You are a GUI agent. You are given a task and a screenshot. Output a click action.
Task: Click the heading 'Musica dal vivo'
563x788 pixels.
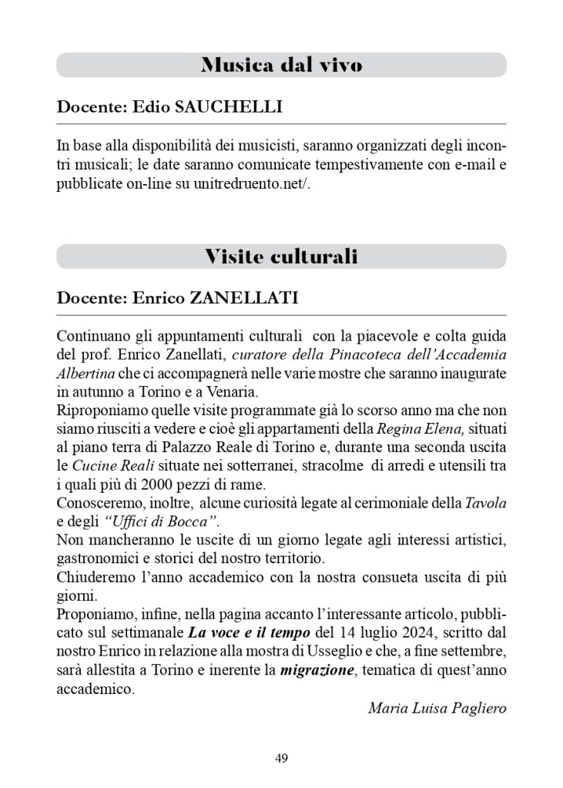(281, 65)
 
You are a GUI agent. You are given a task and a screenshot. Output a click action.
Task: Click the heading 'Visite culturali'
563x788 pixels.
(281, 257)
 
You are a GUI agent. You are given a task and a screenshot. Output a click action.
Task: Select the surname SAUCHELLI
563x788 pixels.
(229, 107)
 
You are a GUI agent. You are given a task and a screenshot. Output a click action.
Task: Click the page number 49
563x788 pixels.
(281, 758)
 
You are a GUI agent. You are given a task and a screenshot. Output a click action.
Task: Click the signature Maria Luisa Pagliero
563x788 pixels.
(437, 707)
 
